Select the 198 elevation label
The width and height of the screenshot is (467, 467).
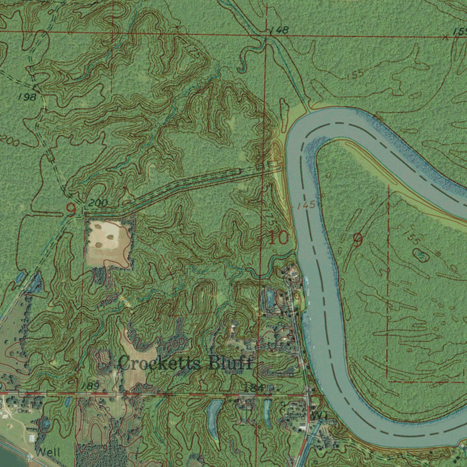point(27,97)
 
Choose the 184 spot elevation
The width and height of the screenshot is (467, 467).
point(252,387)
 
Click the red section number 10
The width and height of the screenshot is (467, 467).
point(278,238)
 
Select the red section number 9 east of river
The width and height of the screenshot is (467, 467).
point(358,240)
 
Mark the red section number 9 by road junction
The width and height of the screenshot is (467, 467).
point(71,209)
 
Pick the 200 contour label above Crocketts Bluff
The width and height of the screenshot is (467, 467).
point(178,342)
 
